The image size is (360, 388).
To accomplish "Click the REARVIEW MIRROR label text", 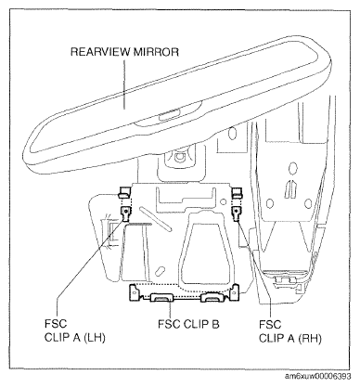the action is coord(124,52).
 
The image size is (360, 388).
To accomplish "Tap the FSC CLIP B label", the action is coord(188,324).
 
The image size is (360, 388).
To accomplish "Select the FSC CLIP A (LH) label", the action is coord(75,330).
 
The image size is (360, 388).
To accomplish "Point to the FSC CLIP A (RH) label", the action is coord(290,331).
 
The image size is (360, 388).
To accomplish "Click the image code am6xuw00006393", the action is coord(318,376).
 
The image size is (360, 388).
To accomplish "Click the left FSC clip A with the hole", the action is coord(125,213).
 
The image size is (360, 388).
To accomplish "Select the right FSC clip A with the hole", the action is coord(237,213).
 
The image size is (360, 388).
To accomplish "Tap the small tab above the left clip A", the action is coord(123,192).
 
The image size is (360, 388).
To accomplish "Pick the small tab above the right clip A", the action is coord(237,192).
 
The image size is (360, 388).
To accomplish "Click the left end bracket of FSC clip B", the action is coord(134,292).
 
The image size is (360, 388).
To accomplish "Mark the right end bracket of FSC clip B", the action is coord(236,292).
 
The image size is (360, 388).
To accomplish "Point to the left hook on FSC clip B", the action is coord(161,298).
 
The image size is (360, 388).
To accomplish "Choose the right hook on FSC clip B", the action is coord(212,298).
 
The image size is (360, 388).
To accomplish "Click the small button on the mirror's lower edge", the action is coord(169,115).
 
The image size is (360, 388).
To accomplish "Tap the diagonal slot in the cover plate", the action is coord(155,219).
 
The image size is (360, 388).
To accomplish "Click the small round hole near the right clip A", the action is coord(223,201).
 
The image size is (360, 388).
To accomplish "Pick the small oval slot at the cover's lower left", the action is coord(161,271).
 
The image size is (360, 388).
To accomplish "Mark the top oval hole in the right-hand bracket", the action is coord(292,169).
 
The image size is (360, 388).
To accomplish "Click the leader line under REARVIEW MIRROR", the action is coord(124,84).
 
